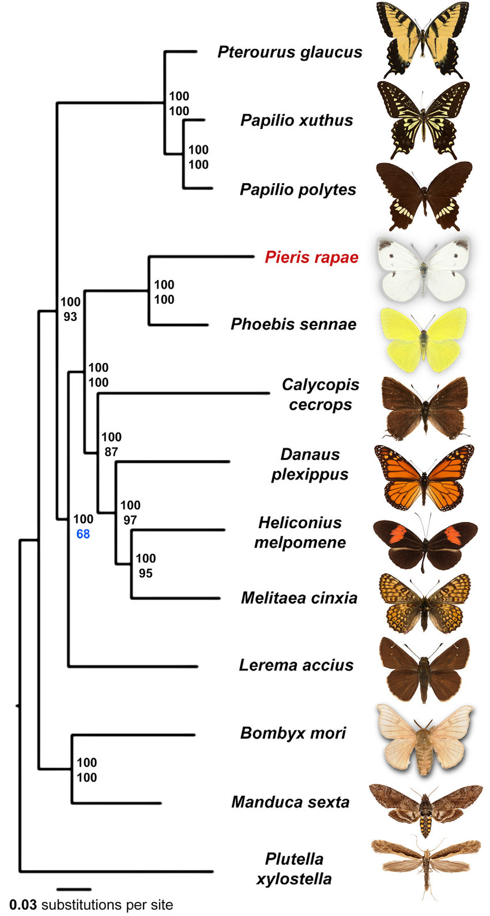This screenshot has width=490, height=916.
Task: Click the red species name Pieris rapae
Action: coord(311,257)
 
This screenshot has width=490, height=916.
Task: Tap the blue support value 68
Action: coord(83,533)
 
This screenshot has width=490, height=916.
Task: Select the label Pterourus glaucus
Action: coord(290,52)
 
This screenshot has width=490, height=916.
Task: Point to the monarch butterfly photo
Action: coord(424,478)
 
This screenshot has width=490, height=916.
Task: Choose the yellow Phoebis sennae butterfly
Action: coord(424,339)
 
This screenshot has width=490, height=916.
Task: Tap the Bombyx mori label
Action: coord(293,733)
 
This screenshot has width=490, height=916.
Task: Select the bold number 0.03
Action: coord(23,904)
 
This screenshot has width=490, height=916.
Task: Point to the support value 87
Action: coord(111,452)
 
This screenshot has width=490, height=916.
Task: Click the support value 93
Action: coord(70,316)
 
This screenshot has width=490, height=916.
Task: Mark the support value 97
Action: coord(130,520)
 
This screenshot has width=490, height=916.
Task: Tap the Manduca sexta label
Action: coord(290,802)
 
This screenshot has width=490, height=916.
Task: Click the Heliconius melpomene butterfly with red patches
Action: coord(425,542)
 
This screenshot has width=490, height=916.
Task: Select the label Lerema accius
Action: coord(296,665)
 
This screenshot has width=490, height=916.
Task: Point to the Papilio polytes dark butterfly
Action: coord(424,196)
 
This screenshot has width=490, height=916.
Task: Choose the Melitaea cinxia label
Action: coord(299,598)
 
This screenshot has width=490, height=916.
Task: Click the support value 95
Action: coord(145,573)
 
